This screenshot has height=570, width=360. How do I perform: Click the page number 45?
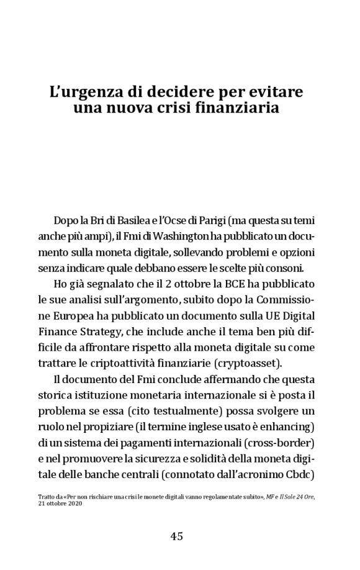176,536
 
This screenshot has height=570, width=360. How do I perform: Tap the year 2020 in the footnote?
74,504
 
